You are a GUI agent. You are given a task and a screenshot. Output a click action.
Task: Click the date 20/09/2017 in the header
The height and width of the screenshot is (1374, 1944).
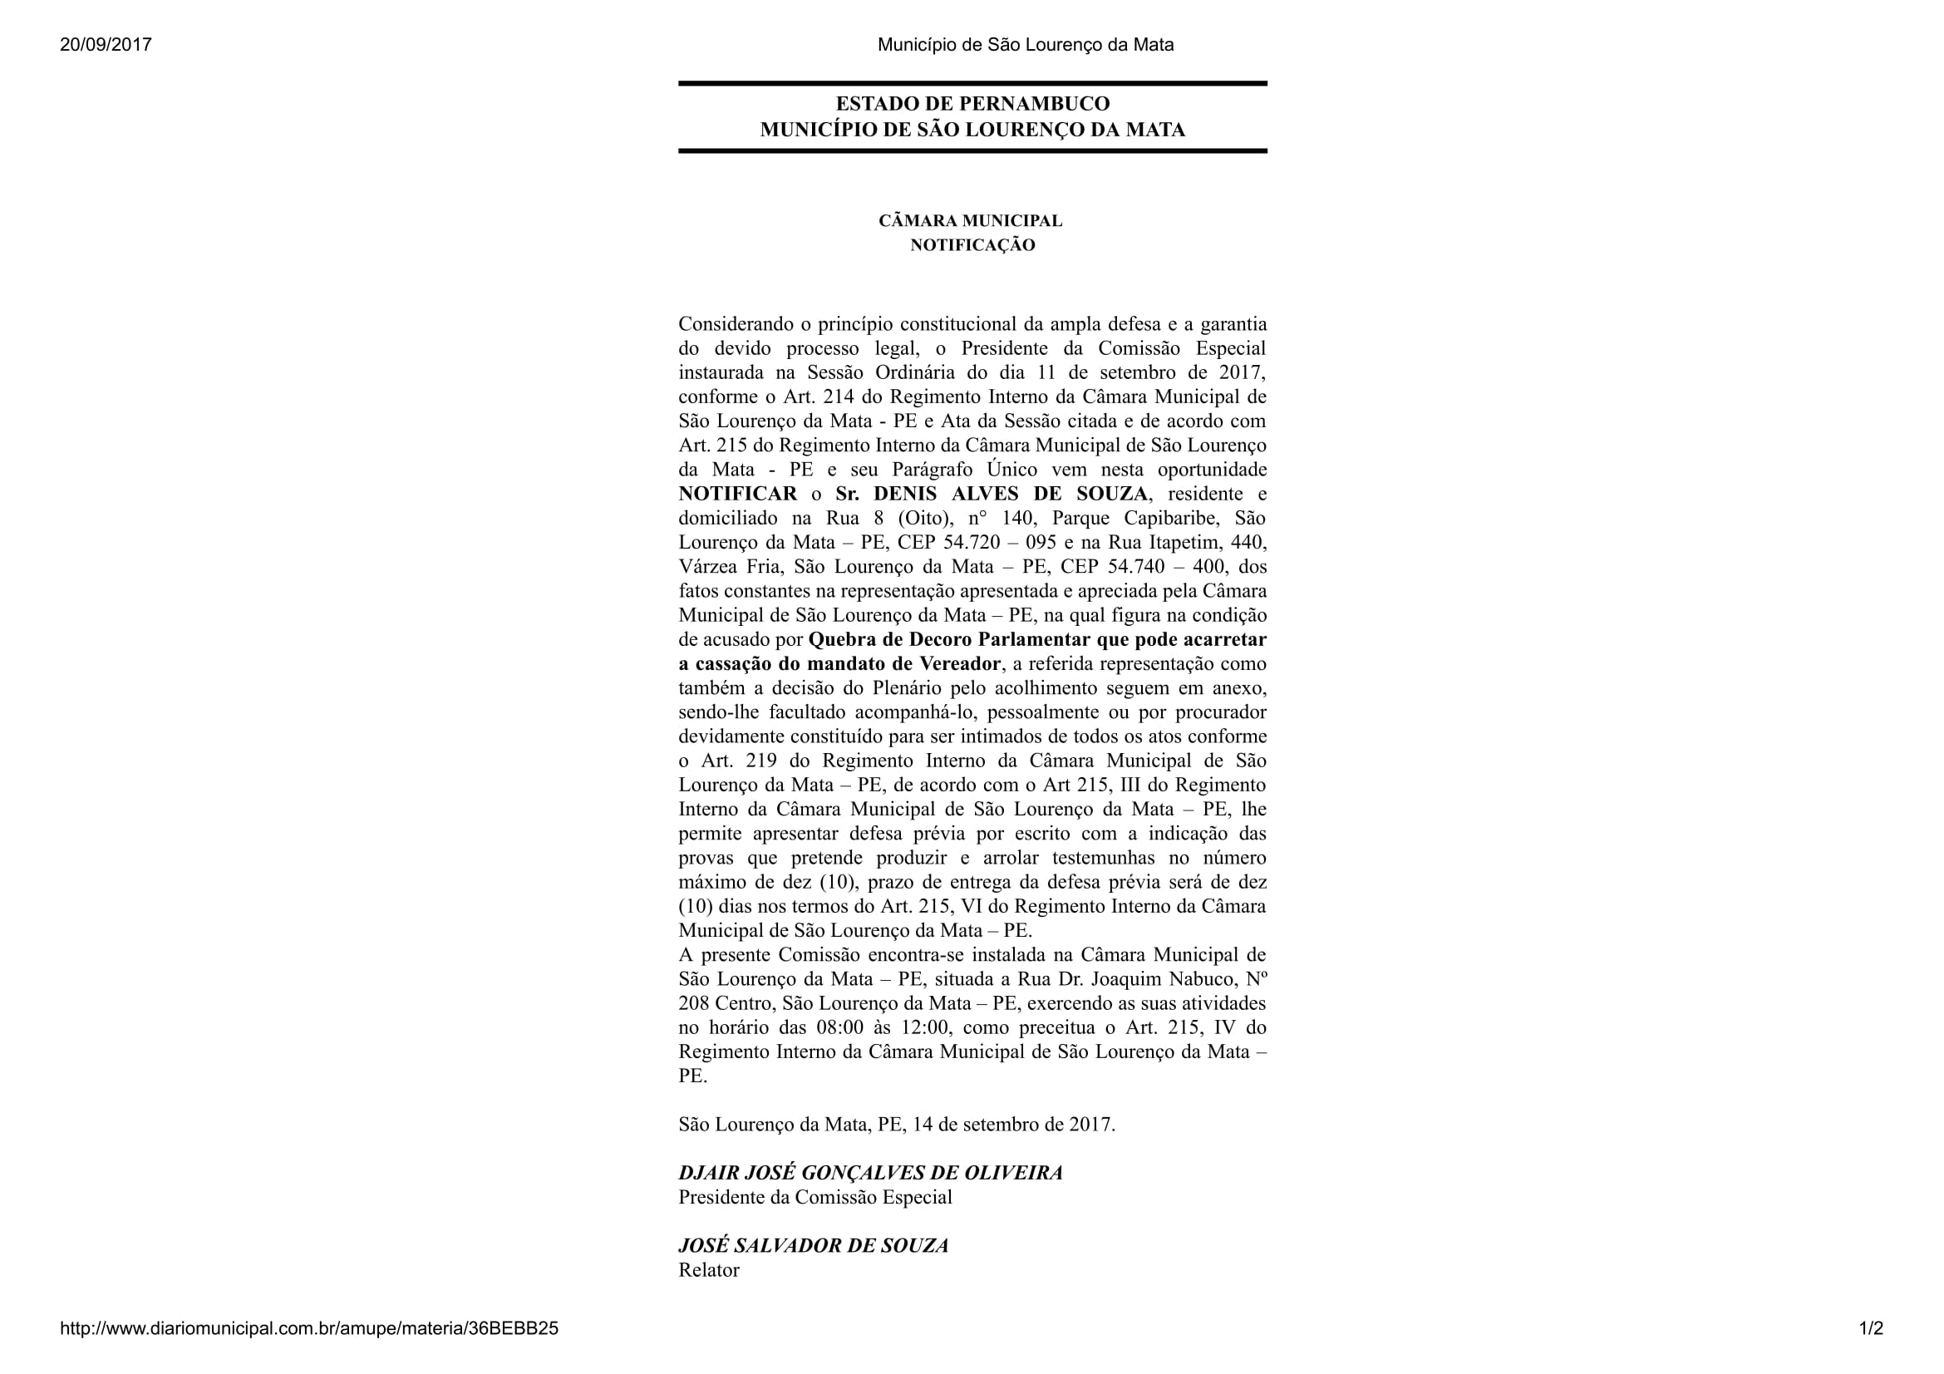point(106,45)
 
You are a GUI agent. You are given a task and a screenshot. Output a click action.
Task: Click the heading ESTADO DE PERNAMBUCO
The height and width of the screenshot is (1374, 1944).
point(972,104)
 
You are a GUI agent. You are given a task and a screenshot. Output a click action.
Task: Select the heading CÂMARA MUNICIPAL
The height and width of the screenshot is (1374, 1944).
point(970,221)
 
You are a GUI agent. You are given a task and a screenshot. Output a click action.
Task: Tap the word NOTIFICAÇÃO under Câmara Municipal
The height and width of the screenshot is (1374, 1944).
point(972,245)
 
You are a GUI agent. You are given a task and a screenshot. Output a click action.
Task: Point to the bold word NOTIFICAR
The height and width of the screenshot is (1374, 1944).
point(737,495)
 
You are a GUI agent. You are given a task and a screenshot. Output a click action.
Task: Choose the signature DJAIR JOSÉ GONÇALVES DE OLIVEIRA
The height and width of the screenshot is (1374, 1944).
point(870,1174)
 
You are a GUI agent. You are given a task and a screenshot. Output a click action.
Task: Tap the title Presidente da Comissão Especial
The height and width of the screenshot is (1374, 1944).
point(815,1198)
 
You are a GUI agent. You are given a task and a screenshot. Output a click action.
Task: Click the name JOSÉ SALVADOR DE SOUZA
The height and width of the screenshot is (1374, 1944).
point(813,1246)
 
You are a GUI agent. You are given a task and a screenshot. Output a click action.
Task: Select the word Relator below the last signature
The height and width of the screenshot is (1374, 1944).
point(709,1271)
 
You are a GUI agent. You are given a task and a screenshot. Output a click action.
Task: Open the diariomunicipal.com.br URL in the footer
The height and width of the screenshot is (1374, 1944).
point(309,1328)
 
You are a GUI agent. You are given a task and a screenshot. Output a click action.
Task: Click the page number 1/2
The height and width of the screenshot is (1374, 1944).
point(1871,1328)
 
